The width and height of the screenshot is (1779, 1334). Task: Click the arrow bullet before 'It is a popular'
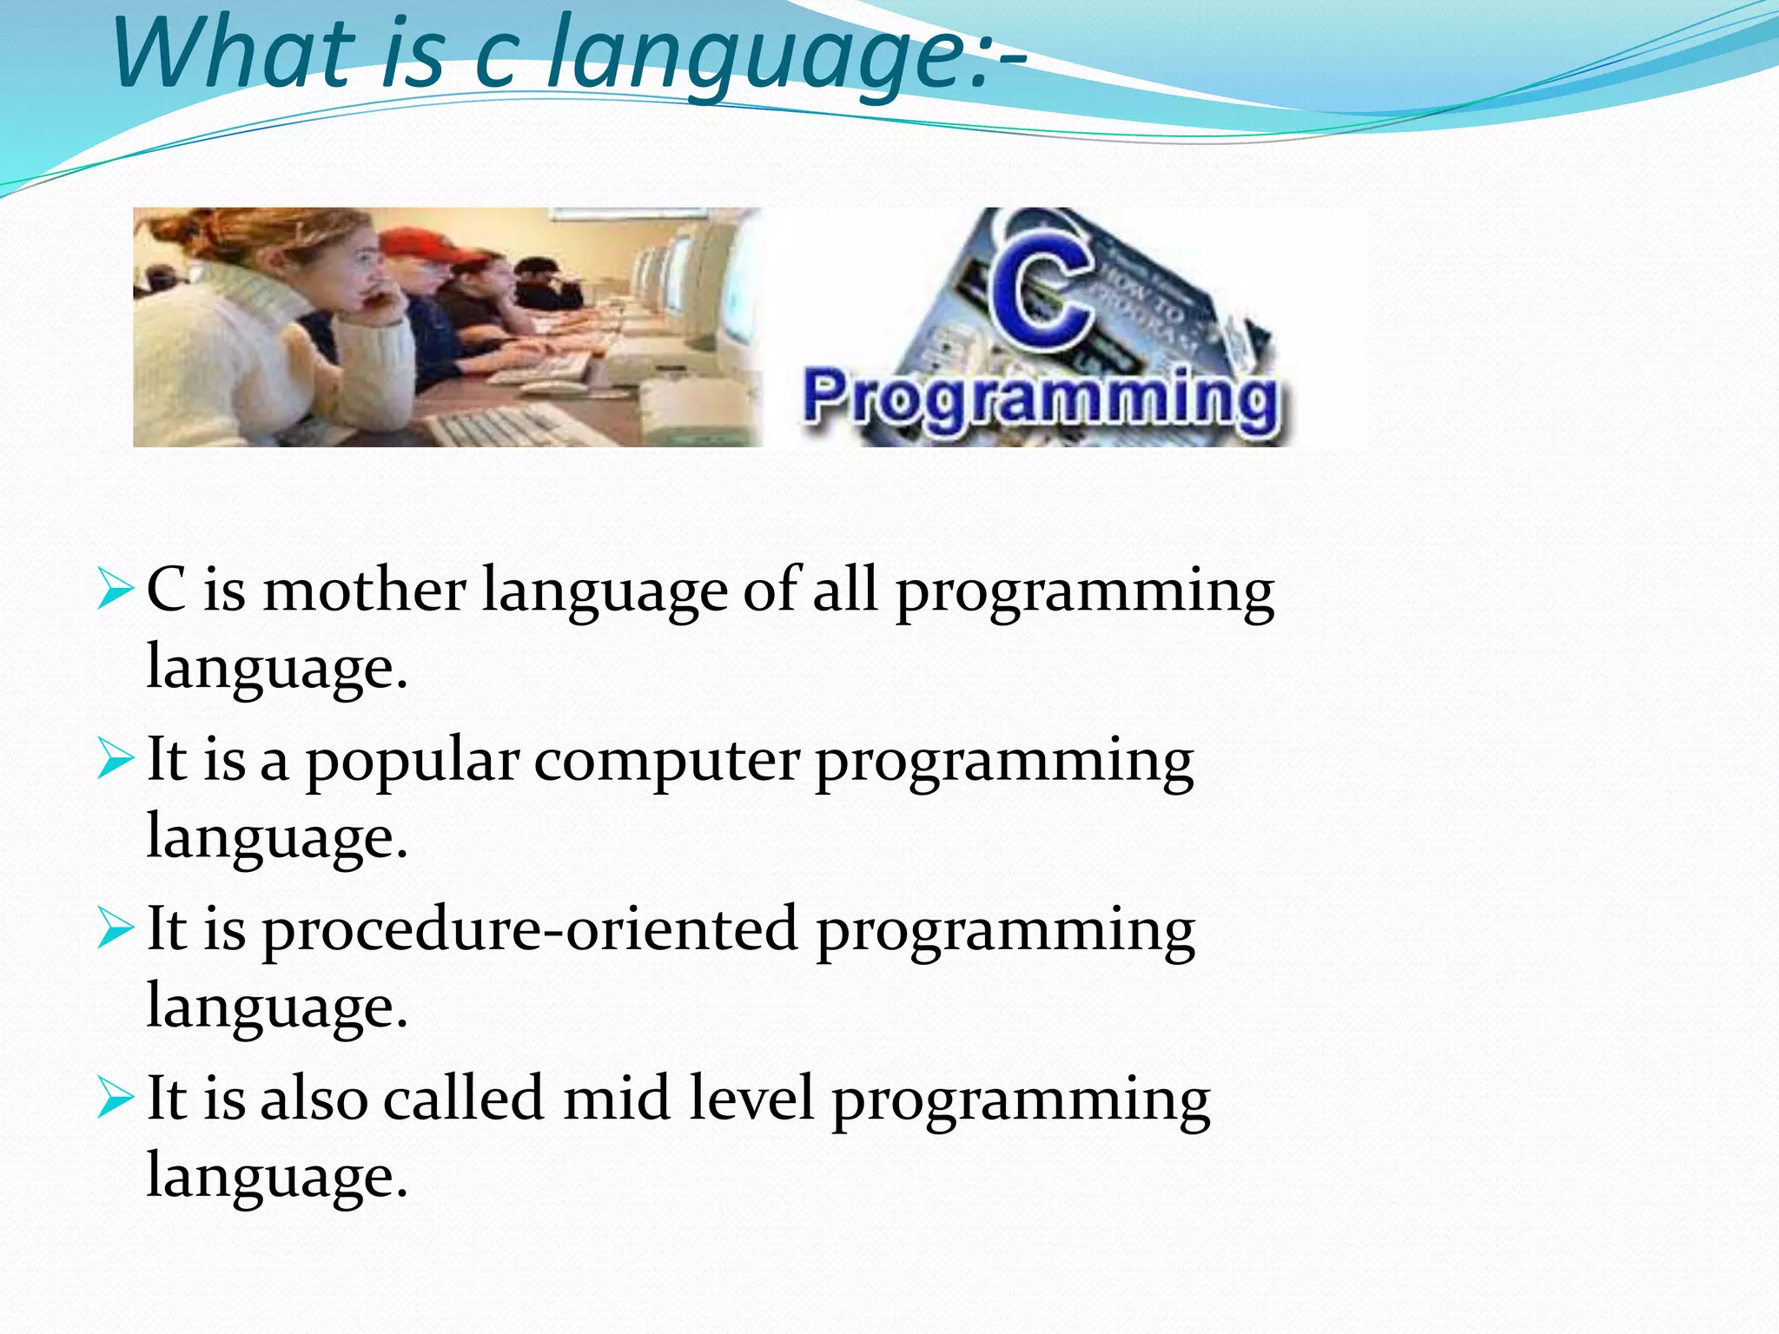[115, 758]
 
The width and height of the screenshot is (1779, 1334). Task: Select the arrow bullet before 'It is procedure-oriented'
[115, 928]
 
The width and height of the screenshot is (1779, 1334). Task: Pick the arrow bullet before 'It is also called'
[115, 1097]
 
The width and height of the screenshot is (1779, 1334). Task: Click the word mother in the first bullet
[364, 591]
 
